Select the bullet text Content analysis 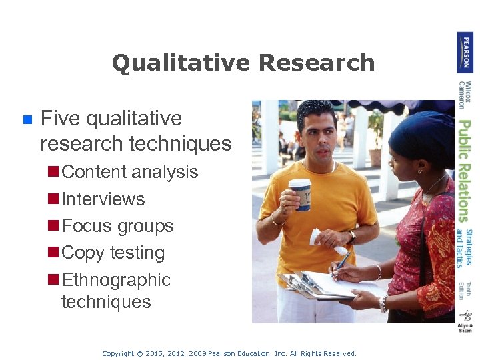pos(129,172)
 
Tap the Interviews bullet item pos(103,199)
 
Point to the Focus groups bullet pos(117,226)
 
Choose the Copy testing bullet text pos(113,253)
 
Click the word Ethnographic pos(116,280)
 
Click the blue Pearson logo pos(465,52)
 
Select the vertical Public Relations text pos(465,170)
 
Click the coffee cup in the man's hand pos(299,194)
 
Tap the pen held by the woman pos(341,263)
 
